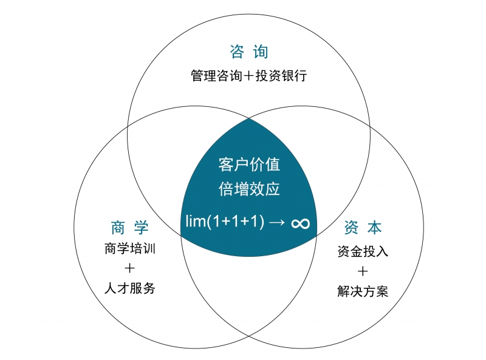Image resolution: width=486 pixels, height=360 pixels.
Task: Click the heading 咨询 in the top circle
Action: [249, 52]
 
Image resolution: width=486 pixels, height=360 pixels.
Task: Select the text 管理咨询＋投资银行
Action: [249, 76]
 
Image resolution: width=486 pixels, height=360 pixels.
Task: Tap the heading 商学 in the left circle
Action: [129, 228]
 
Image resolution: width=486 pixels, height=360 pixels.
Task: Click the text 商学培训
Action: [129, 248]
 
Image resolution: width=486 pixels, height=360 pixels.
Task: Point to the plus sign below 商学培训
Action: [129, 268]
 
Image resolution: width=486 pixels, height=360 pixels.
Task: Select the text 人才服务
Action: [129, 288]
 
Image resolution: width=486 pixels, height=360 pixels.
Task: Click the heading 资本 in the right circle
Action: [363, 228]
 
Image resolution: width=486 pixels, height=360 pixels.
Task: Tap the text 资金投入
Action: [363, 251]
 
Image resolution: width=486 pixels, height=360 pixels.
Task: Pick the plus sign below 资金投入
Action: [363, 271]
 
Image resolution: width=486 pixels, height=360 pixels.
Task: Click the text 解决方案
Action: [363, 291]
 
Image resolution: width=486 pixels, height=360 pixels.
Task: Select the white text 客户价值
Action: [249, 165]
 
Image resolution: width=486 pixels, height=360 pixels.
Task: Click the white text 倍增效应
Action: [249, 189]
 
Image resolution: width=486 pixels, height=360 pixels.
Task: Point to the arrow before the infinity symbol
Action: [276, 223]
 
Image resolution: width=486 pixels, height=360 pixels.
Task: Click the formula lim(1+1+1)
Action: [224, 223]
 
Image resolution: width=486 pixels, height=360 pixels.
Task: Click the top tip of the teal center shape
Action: [249, 120]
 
